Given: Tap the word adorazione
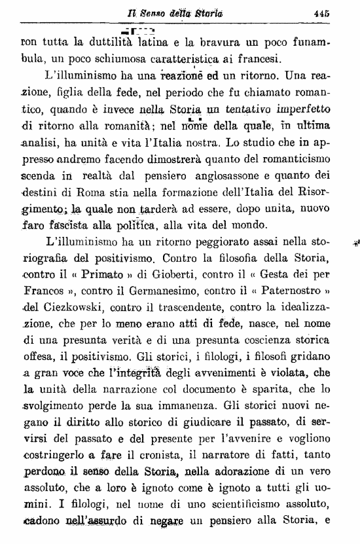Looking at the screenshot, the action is [x=244, y=470].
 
